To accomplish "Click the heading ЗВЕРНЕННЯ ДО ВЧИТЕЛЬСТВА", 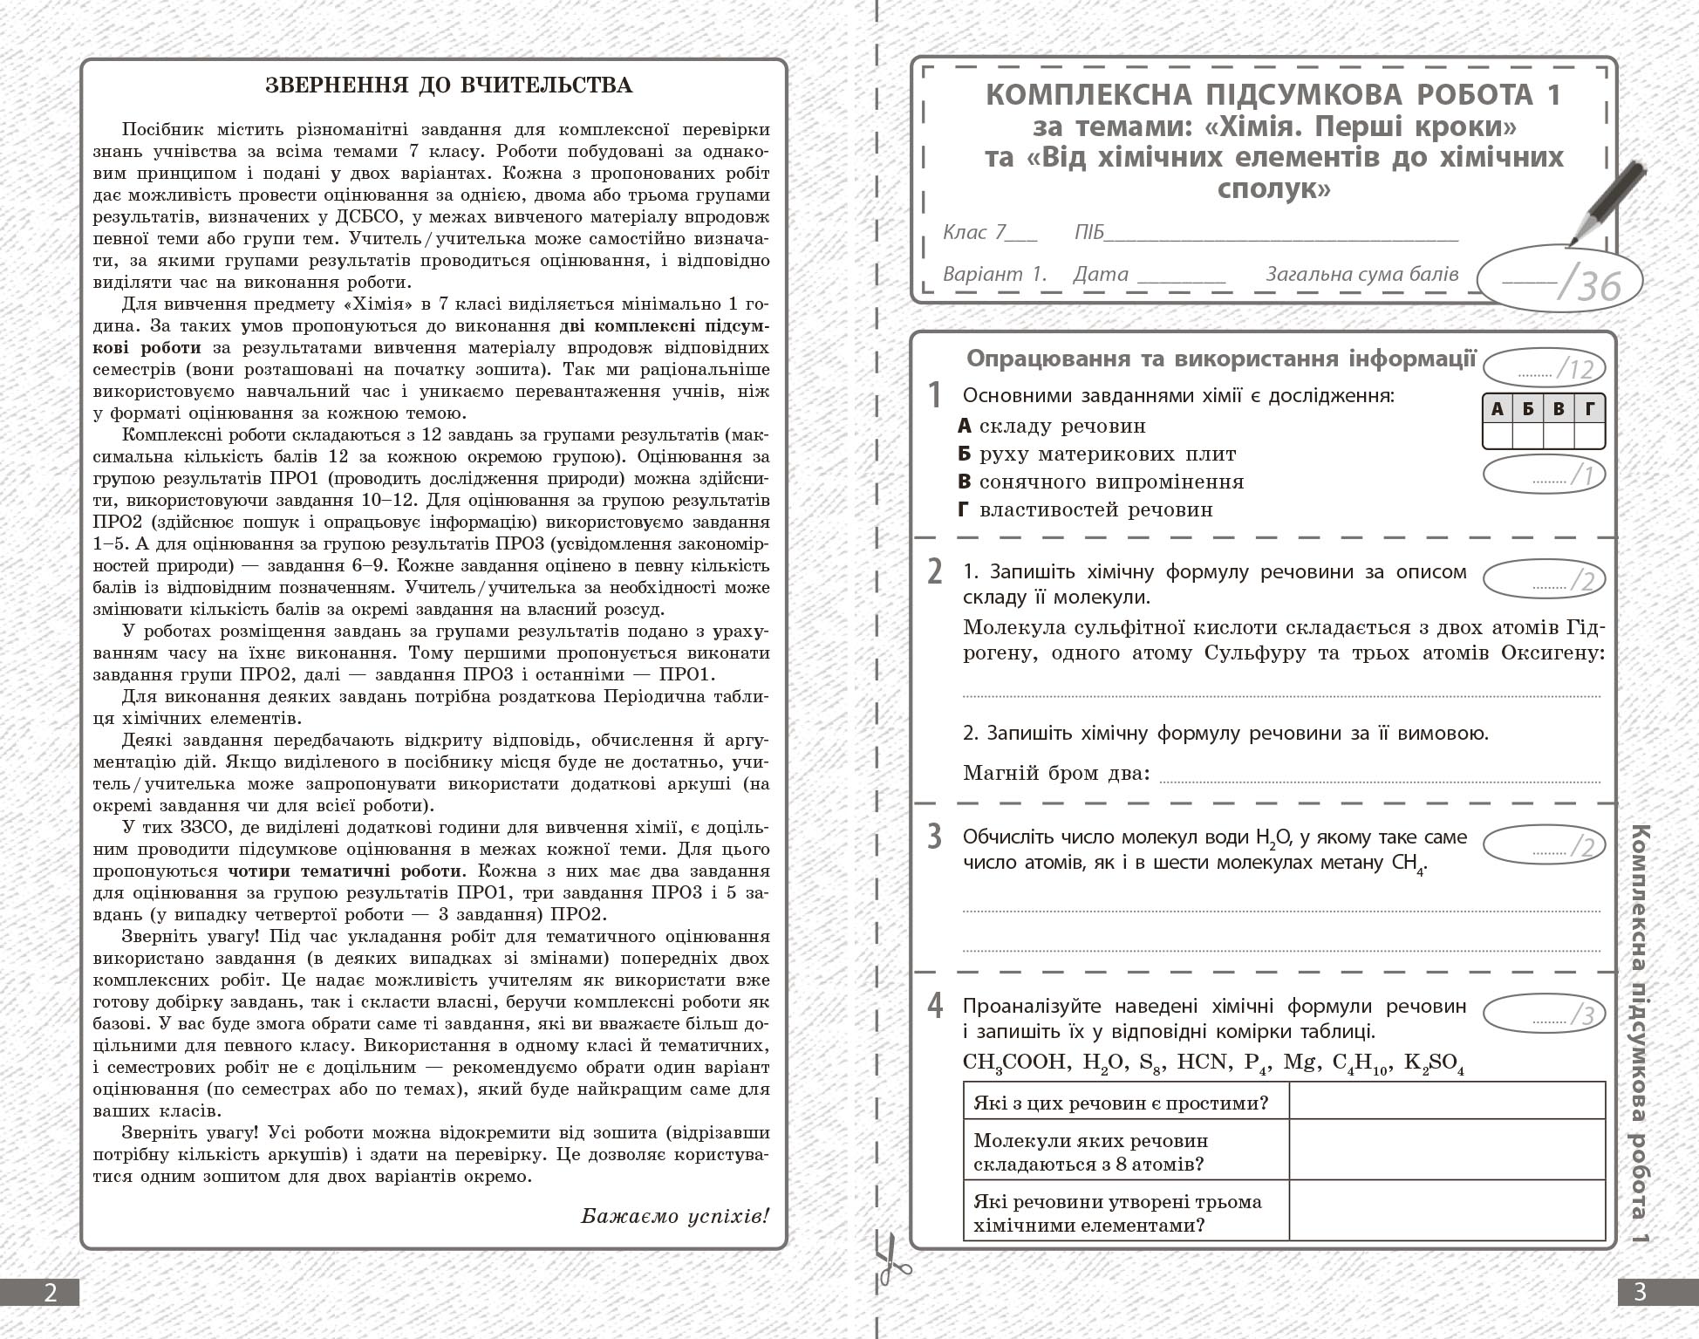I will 449,85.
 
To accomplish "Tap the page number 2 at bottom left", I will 50,1292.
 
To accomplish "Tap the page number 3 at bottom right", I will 1640,1292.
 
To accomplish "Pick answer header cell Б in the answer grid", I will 1528,408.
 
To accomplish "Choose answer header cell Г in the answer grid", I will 1589,408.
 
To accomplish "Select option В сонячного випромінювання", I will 1101,482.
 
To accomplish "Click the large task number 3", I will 934,836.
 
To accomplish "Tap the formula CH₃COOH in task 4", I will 1015,1062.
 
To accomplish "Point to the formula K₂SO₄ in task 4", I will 1434,1063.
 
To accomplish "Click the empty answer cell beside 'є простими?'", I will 1446,1102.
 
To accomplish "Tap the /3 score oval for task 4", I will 1544,1014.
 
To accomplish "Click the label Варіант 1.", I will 994,274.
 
